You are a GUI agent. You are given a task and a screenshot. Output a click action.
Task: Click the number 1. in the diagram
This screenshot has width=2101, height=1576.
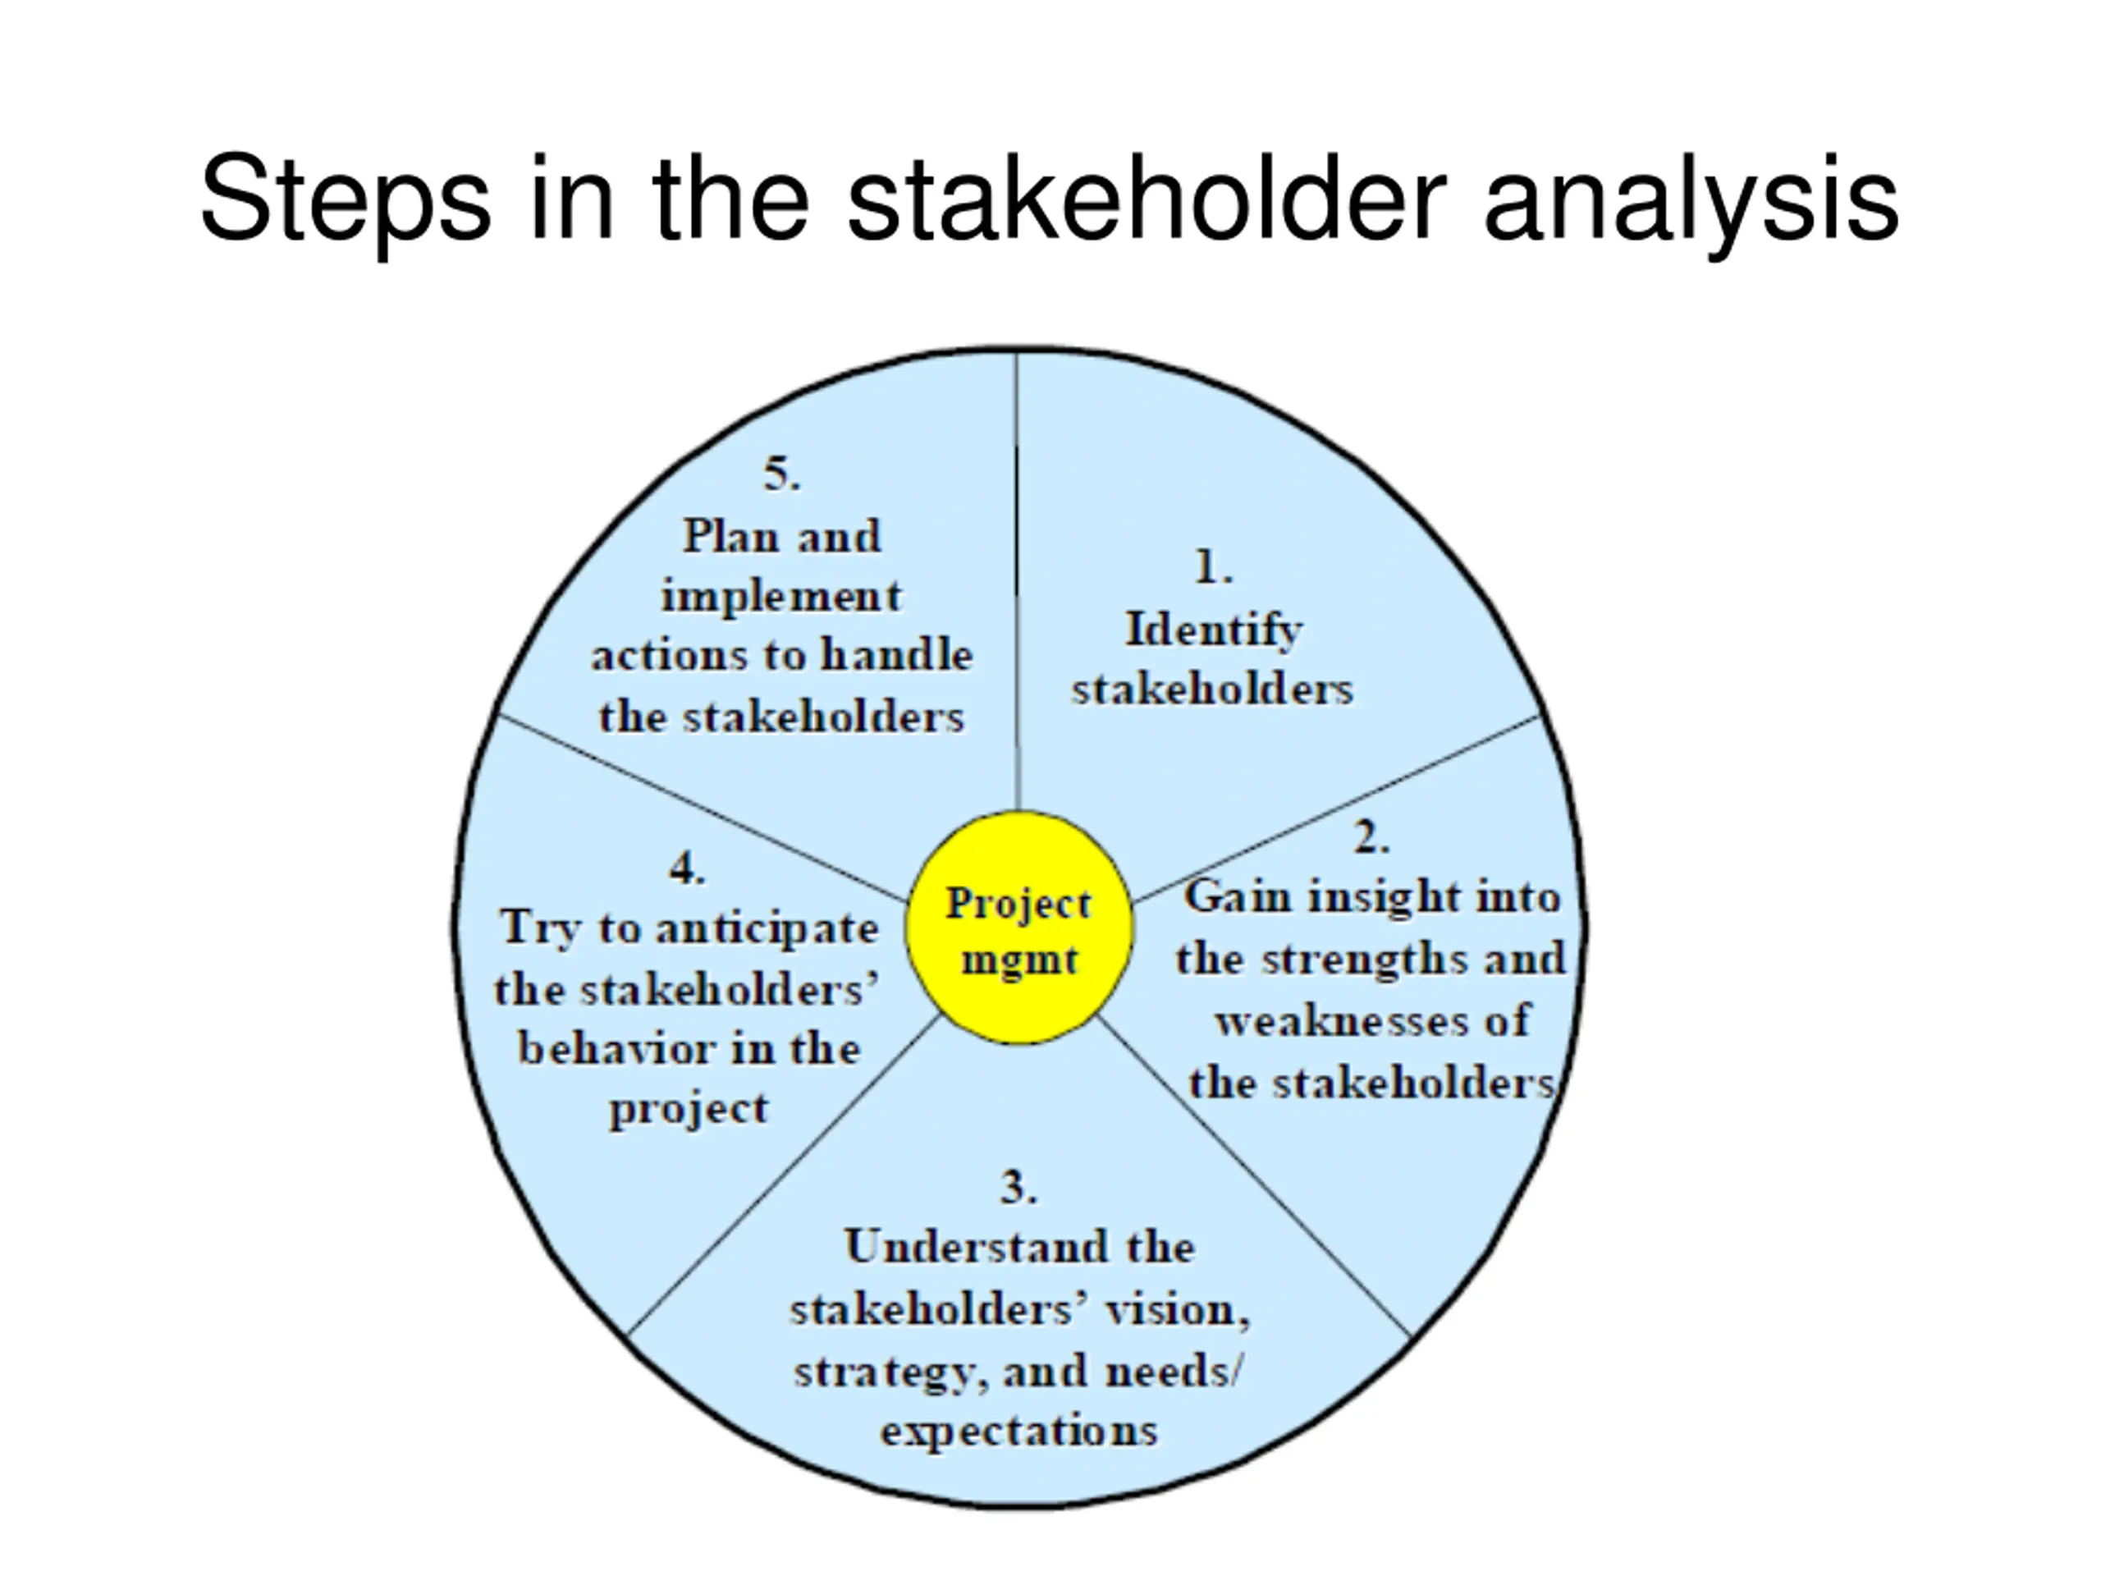click(x=1213, y=568)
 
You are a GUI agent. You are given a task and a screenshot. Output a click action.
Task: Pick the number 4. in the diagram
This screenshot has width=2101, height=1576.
click(x=687, y=868)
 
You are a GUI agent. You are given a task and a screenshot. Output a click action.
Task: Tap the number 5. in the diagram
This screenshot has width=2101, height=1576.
click(x=781, y=474)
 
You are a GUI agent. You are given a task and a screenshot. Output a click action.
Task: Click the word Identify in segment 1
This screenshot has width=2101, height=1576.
click(x=1214, y=630)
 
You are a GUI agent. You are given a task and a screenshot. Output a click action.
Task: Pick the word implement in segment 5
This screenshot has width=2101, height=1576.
click(x=780, y=597)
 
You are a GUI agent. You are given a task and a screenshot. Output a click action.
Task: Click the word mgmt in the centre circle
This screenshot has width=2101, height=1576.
click(x=1019, y=960)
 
